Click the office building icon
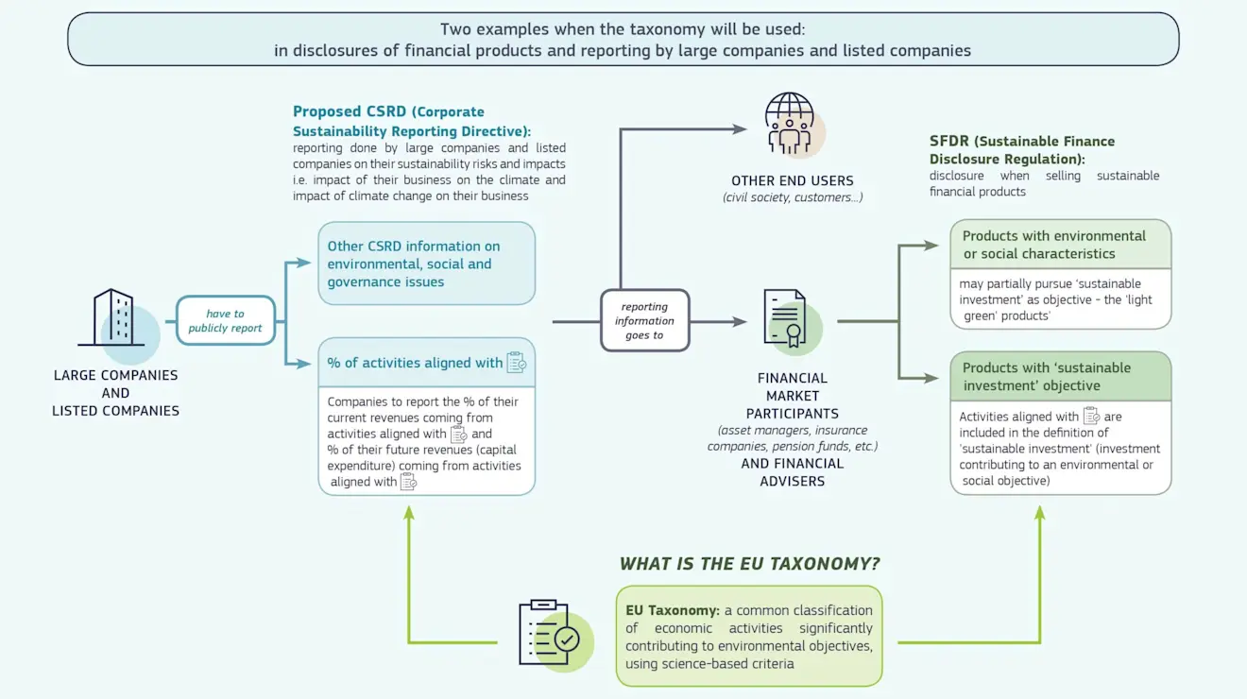[112, 318]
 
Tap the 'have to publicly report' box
[225, 321]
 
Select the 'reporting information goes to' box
[644, 321]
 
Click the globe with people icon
[789, 123]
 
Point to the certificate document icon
[785, 319]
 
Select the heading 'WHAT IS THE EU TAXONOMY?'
[749, 564]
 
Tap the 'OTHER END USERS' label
[792, 180]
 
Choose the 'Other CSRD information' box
[426, 264]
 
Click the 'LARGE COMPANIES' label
[115, 375]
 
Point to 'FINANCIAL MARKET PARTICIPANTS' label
[792, 396]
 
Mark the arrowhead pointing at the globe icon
[740, 128]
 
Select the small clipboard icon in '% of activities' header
[516, 363]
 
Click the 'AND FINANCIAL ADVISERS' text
[792, 472]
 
